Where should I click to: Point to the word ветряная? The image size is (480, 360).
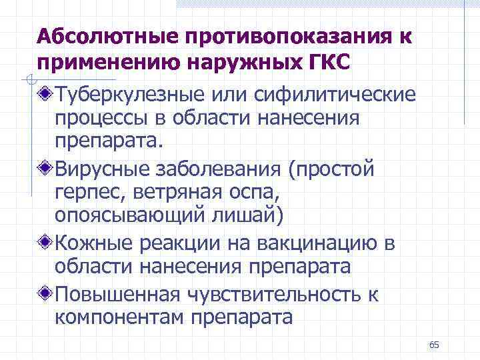pos(173,193)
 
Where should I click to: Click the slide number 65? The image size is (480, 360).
pos(435,345)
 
